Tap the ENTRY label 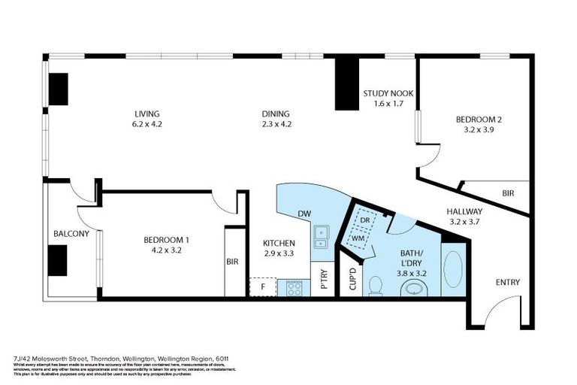(507, 282)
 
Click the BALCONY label (71, 234)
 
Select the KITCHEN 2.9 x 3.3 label (279, 248)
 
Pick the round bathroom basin (410, 288)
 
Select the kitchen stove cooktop (293, 287)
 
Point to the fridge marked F (263, 287)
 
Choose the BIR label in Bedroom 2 (508, 193)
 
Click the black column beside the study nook (346, 83)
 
